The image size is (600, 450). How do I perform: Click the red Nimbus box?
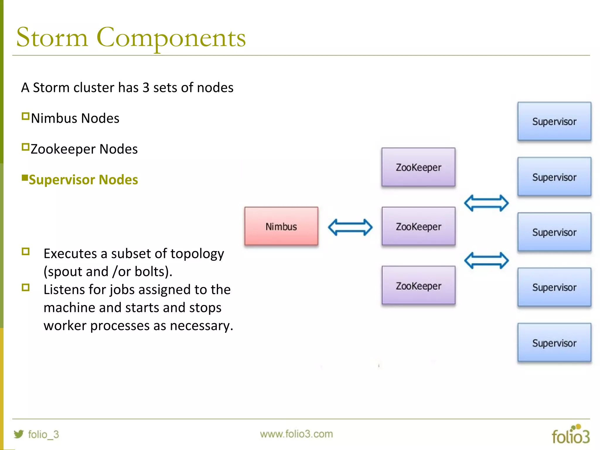tap(281, 226)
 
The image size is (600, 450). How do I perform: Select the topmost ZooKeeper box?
tap(418, 167)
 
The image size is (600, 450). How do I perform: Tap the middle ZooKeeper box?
tap(418, 226)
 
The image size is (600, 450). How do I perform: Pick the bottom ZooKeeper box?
tap(418, 285)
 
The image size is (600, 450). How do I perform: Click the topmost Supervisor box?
tap(554, 121)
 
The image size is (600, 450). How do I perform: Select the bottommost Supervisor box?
tap(554, 342)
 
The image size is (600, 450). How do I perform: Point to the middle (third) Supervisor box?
tap(554, 232)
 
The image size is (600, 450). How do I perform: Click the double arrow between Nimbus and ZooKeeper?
tap(350, 227)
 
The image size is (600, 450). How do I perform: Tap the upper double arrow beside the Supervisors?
tap(486, 203)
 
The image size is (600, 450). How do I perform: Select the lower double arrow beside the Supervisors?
tap(486, 260)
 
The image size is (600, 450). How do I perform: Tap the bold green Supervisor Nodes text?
tap(83, 180)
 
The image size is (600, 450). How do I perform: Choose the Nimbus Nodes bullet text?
tap(75, 118)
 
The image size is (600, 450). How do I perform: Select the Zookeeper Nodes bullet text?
tap(84, 149)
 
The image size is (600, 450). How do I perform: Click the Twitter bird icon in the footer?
tap(19, 434)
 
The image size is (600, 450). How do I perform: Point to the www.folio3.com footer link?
tap(296, 434)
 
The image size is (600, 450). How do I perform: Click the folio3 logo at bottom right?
tap(570, 435)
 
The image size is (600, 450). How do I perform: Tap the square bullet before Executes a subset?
tap(26, 252)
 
